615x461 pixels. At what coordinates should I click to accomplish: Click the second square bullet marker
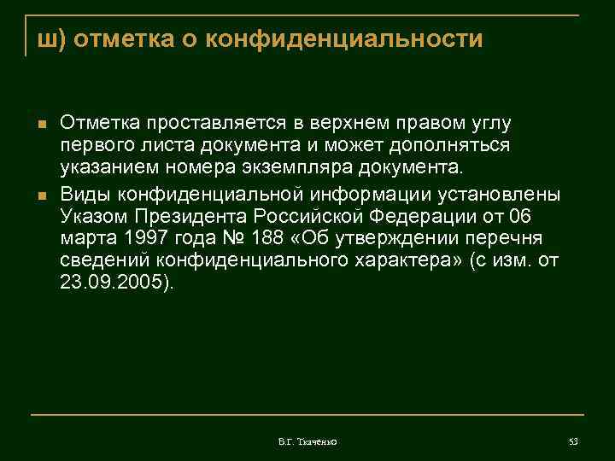click(x=39, y=198)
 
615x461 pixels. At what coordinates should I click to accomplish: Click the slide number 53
click(x=573, y=441)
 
